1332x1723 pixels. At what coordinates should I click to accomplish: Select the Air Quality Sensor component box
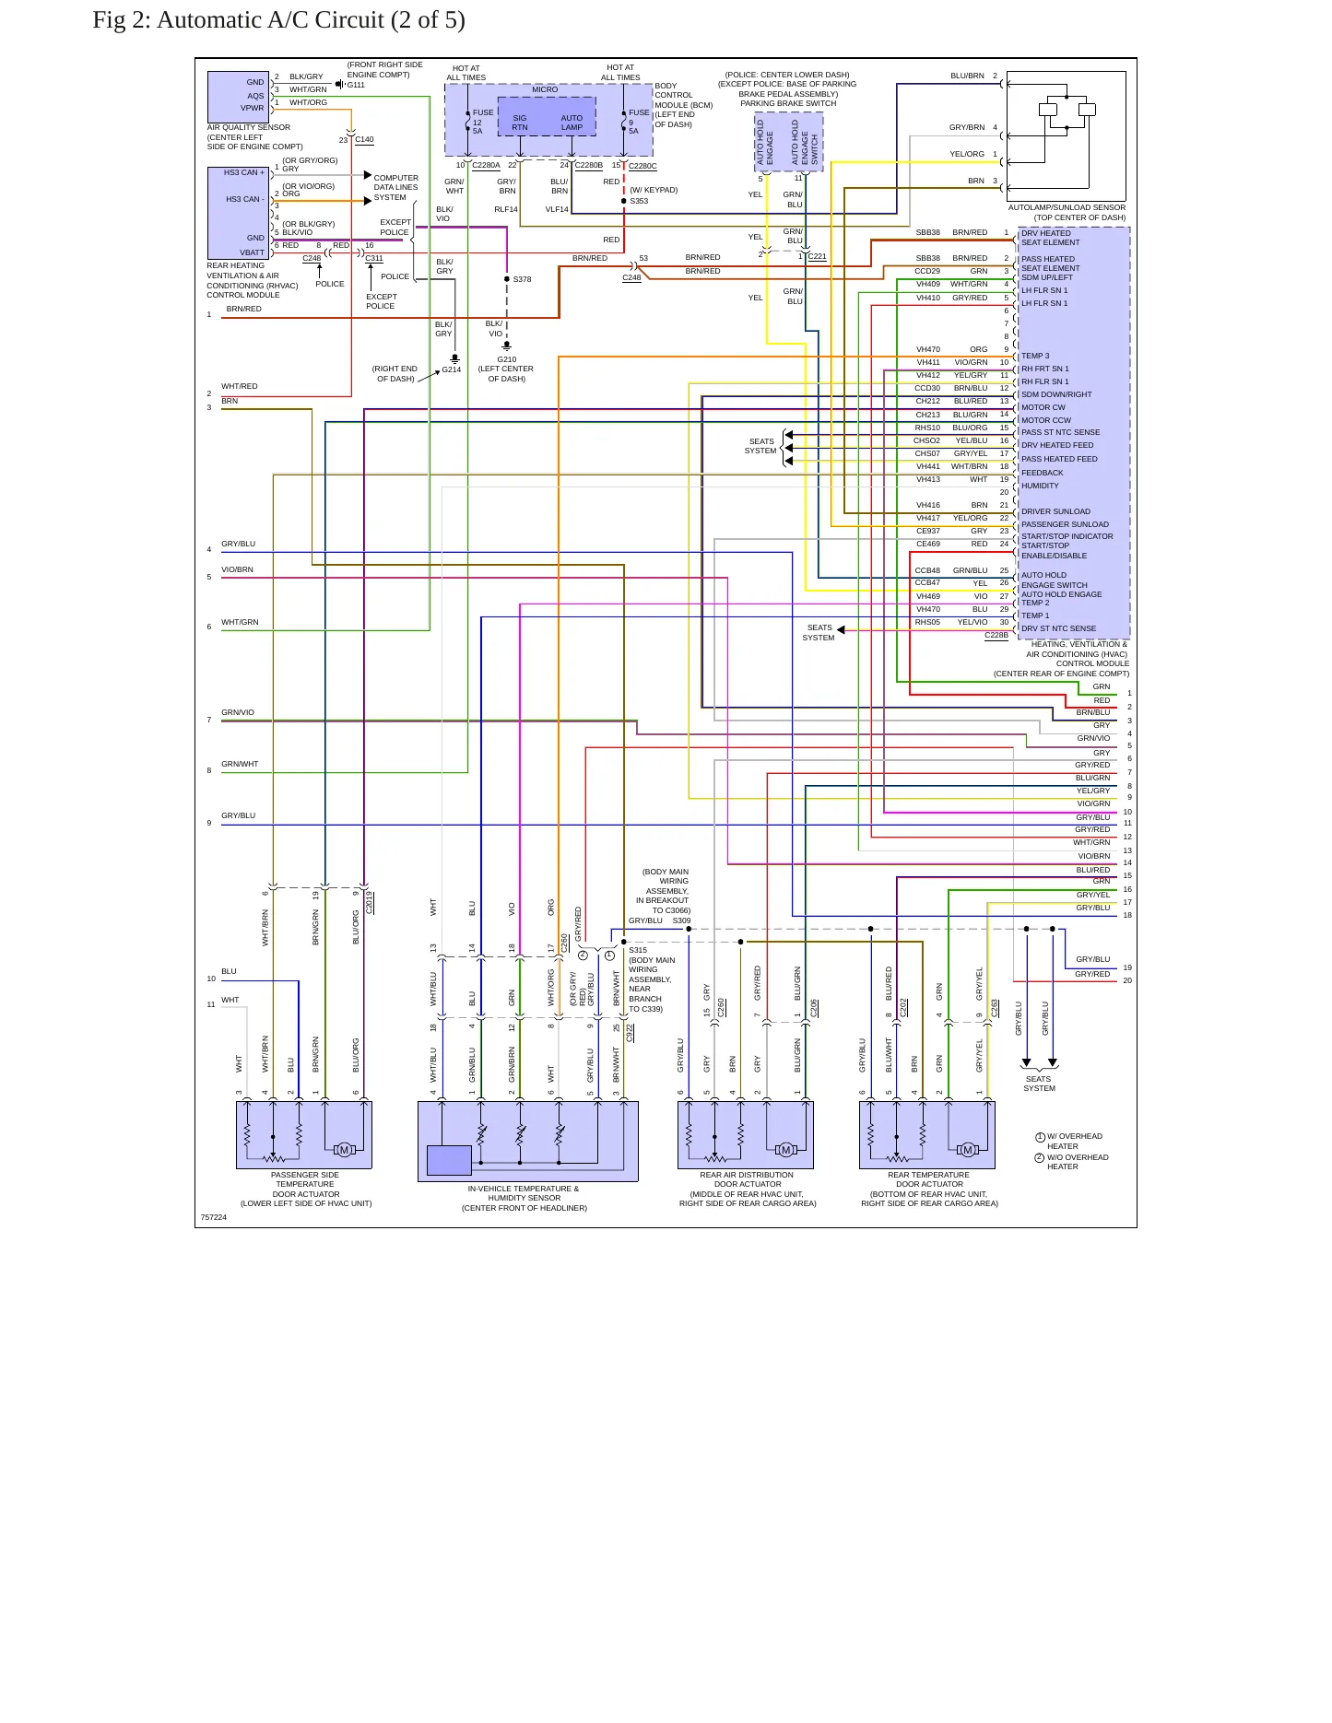[239, 96]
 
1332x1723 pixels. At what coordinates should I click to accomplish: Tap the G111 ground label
[356, 85]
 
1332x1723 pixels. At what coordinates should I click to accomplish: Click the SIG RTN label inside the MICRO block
[520, 123]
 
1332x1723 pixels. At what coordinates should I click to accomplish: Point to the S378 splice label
[522, 279]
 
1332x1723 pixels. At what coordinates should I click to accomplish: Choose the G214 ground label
[451, 369]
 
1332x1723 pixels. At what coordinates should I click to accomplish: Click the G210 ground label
[507, 359]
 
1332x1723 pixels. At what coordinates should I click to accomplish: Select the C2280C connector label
[642, 166]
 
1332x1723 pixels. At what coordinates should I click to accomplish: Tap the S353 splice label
[639, 201]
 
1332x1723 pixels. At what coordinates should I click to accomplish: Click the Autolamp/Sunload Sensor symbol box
[1067, 135]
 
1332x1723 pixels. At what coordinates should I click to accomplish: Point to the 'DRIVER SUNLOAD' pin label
[1055, 511]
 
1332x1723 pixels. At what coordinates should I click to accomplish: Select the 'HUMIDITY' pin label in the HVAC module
[1040, 486]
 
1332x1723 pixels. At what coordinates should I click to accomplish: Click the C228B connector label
[996, 636]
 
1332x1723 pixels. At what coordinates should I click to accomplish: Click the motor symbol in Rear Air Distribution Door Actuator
[785, 1149]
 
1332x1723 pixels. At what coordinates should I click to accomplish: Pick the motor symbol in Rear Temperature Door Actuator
[967, 1149]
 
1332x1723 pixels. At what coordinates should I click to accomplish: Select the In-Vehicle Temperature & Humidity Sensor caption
[524, 1198]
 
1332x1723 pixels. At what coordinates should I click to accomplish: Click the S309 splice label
[681, 920]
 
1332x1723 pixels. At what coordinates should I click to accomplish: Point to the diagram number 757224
[213, 1217]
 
